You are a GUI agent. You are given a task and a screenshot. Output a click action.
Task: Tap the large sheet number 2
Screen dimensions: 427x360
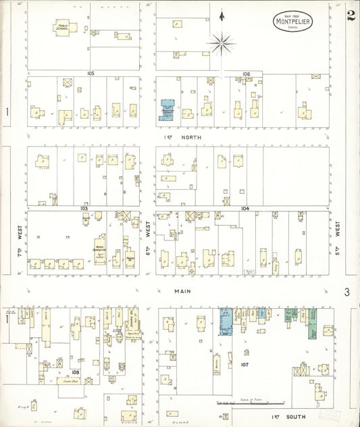[351, 16]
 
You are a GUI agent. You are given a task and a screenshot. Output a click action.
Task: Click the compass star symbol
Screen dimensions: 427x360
[221, 44]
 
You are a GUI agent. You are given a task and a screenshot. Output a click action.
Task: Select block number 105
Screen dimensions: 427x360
[90, 72]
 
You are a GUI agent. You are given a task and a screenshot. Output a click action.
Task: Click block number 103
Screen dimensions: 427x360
[84, 209]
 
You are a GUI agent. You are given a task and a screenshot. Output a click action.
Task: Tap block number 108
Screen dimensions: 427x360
[75, 371]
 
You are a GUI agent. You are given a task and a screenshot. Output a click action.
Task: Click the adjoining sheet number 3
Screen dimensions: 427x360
[346, 292]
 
